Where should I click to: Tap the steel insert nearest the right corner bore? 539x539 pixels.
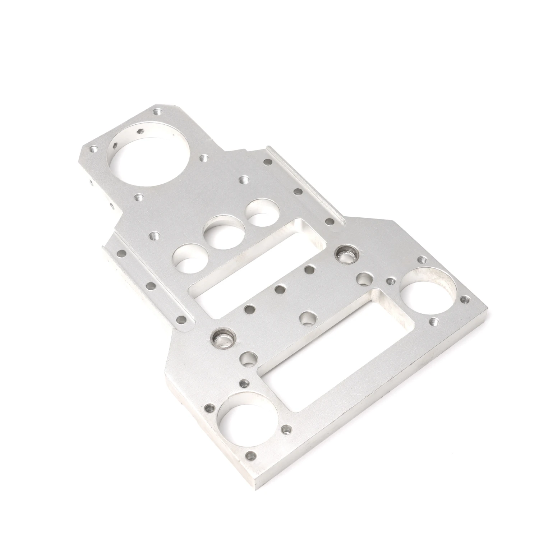tap(345, 254)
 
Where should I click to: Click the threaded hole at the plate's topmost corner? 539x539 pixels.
tap(157, 111)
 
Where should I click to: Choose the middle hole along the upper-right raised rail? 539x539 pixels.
tap(298, 192)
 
